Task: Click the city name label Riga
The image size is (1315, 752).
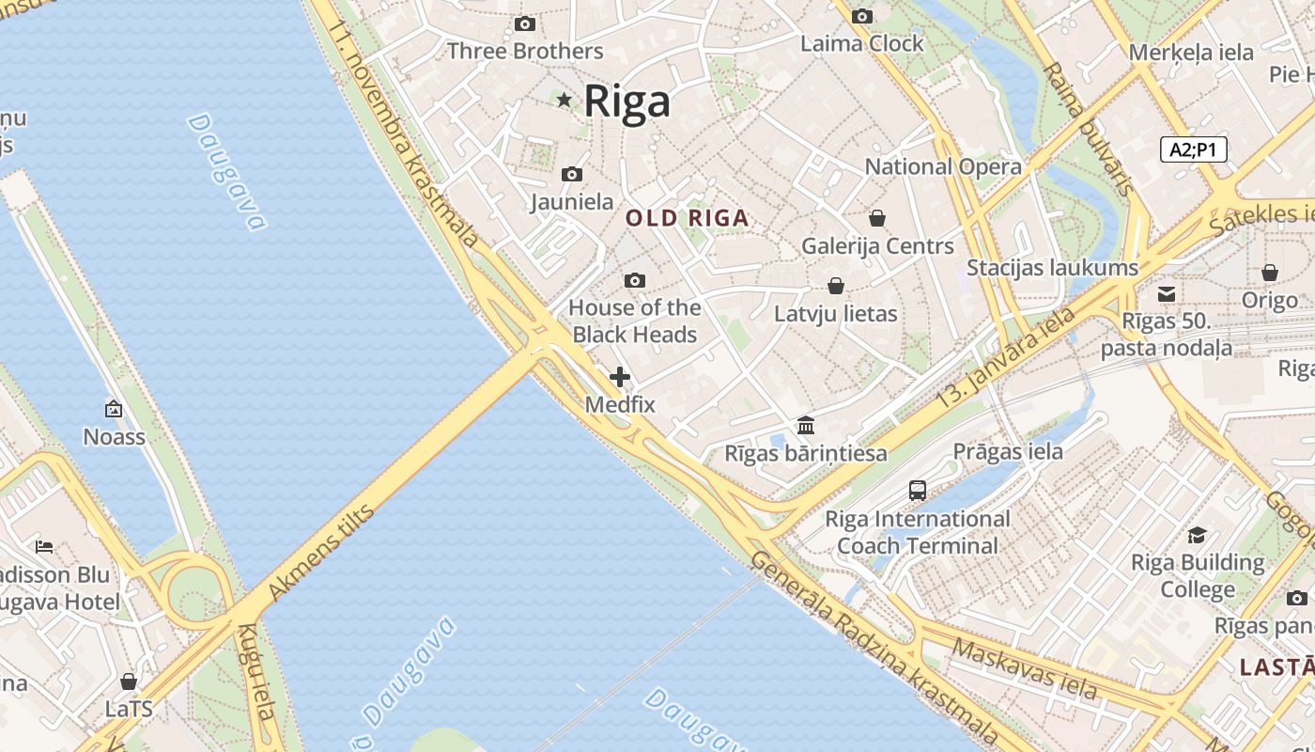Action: [x=627, y=102]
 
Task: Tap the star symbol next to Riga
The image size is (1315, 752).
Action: [x=565, y=100]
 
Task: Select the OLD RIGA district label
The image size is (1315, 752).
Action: [x=688, y=219]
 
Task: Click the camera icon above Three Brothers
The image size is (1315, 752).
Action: [x=525, y=24]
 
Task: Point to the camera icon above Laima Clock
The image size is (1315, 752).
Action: [x=861, y=16]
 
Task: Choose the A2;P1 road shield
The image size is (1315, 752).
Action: [x=1193, y=149]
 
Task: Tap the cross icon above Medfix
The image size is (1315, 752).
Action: [x=620, y=377]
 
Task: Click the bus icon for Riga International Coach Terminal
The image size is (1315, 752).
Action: [x=918, y=491]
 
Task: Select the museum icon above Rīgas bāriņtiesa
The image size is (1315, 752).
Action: [x=805, y=426]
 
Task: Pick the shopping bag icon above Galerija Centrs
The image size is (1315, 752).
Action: [x=877, y=218]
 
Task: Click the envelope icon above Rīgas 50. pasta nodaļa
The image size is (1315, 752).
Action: [x=1167, y=294]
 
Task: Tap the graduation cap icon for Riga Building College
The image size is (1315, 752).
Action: [x=1197, y=536]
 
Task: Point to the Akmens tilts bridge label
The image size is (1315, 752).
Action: [x=321, y=553]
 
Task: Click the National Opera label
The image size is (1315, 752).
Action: [x=942, y=167]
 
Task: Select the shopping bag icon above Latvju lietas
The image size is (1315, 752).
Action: [x=835, y=286]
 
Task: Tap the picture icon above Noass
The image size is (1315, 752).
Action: [x=114, y=409]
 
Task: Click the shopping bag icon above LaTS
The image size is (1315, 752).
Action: [x=129, y=681]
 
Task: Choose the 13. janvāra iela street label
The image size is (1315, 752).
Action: [x=1005, y=358]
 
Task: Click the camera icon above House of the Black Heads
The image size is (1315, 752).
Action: [x=635, y=280]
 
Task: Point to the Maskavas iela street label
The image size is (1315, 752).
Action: [x=1024, y=668]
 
